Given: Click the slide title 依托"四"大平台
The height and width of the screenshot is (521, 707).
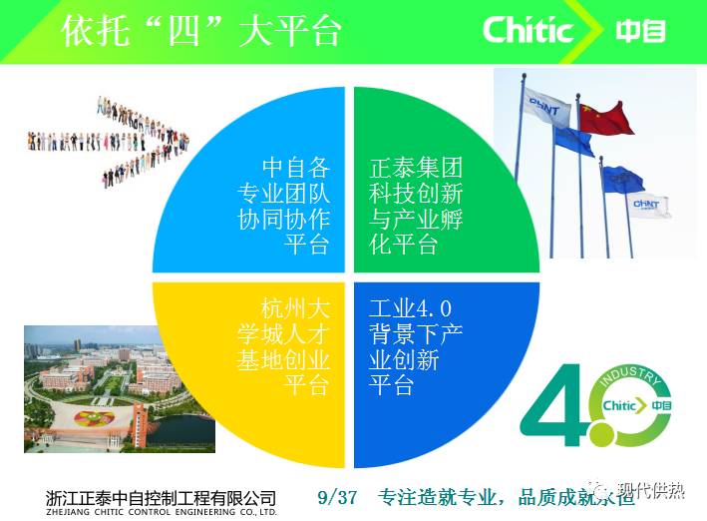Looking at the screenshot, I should pyautogui.click(x=200, y=30).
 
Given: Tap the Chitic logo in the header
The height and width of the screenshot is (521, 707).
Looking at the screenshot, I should pyautogui.click(x=528, y=29).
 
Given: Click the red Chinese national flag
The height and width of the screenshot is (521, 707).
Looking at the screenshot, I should pyautogui.click(x=605, y=117).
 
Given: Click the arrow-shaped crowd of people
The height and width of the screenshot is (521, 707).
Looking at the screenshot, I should pyautogui.click(x=134, y=140).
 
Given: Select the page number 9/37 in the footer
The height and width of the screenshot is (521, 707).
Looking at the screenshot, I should pyautogui.click(x=336, y=496).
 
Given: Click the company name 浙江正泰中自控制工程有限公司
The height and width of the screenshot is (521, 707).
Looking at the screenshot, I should pyautogui.click(x=161, y=496).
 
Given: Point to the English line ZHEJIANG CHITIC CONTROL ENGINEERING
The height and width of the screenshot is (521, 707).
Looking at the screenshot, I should pyautogui.click(x=161, y=512).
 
